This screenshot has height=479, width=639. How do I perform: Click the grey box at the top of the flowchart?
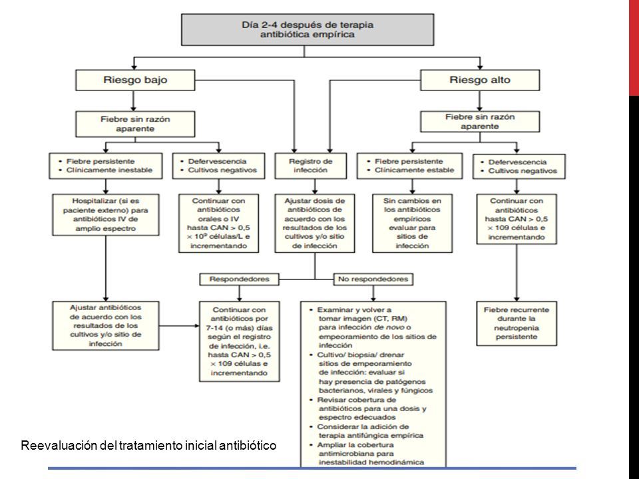click(308, 30)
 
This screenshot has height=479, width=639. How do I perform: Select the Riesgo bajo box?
click(135, 80)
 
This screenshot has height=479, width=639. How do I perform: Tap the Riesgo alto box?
click(480, 80)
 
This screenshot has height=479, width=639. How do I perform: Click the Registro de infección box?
click(311, 166)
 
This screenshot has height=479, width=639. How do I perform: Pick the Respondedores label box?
click(239, 279)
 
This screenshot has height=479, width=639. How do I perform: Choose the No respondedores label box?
click(373, 279)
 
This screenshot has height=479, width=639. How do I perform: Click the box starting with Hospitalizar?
click(106, 215)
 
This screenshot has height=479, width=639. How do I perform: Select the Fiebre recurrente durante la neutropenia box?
click(517, 323)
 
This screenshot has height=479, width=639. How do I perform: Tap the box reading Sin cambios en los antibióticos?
click(412, 224)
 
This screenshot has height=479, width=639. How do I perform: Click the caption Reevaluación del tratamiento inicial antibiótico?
click(148, 445)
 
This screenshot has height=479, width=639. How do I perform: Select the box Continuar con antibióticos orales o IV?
click(218, 224)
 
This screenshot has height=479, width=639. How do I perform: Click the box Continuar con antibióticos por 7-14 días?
click(239, 341)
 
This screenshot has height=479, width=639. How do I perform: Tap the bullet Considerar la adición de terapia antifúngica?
click(367, 431)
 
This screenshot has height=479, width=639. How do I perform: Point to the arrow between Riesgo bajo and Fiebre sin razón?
click(134, 100)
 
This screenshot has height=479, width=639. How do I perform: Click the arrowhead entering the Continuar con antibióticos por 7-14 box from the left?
click(196, 326)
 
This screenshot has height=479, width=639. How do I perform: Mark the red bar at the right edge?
click(634, 48)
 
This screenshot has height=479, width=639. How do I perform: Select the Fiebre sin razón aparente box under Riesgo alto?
click(480, 121)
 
